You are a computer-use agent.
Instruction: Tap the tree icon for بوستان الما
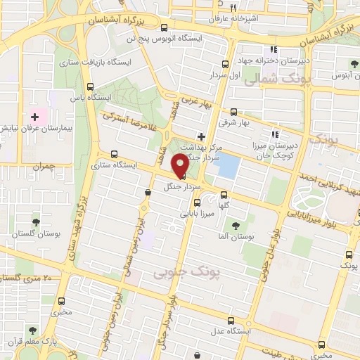click(x=236, y=225)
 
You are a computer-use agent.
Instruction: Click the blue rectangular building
click(x=228, y=167)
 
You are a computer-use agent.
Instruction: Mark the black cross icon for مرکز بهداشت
click(x=202, y=136)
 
